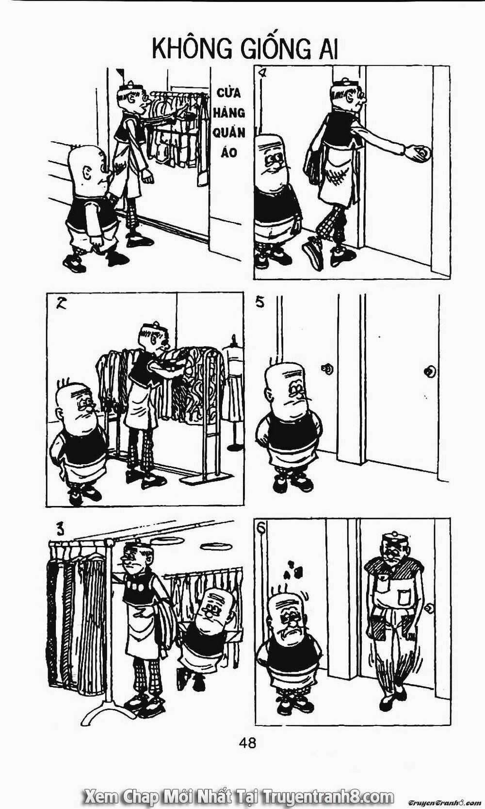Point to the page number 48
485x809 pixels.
click(x=247, y=742)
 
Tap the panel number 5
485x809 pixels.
click(x=260, y=303)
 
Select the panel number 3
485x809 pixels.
click(x=58, y=528)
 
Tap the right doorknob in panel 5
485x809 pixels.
click(x=429, y=372)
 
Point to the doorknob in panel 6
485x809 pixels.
click(x=429, y=608)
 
